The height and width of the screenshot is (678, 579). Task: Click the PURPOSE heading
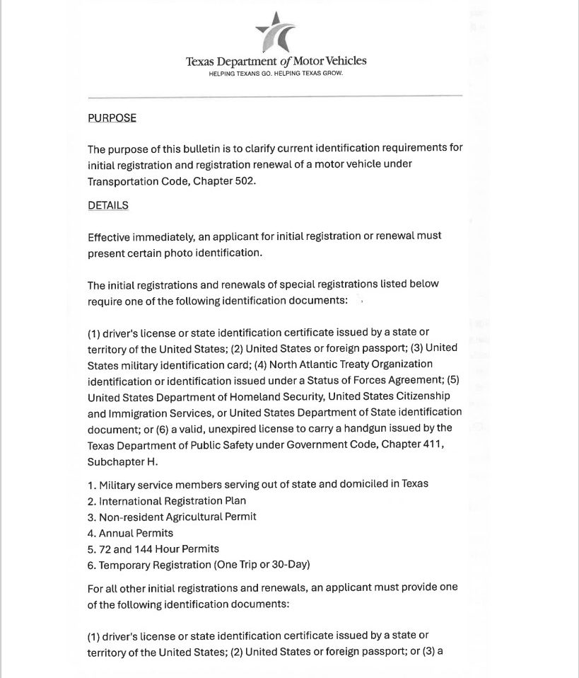(112, 118)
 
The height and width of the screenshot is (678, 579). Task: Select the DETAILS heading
(108, 205)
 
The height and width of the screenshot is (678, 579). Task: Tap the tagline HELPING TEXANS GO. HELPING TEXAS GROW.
(276, 74)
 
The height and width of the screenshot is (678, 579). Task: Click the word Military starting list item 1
(119, 484)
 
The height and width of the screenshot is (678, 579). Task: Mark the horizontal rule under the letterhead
(275, 96)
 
